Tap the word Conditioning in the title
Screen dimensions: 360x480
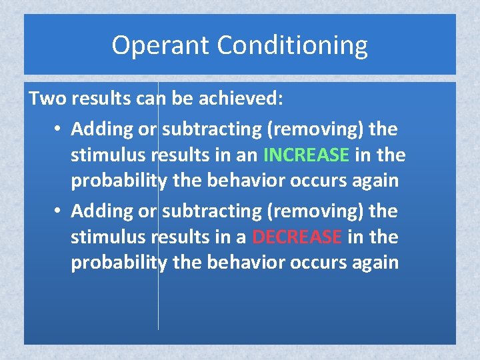(x=293, y=45)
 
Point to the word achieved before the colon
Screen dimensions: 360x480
(x=240, y=99)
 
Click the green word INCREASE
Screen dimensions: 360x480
(x=307, y=155)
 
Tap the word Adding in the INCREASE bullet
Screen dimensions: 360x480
(x=99, y=127)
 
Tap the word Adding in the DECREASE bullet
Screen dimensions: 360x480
(x=99, y=211)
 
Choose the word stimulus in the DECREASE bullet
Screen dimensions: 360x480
(x=109, y=237)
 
